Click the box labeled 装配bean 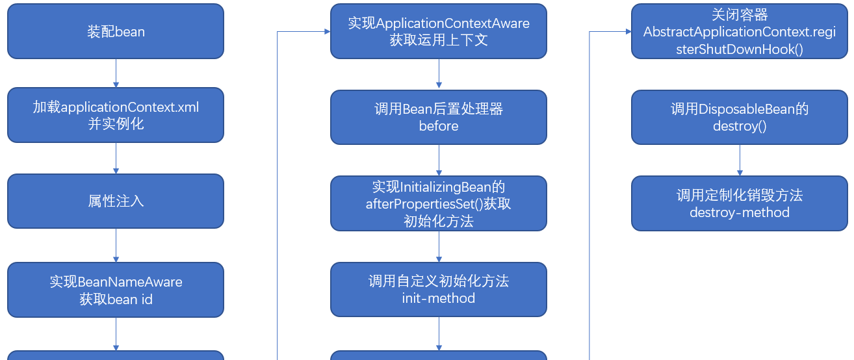(x=116, y=31)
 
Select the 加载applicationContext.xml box (x=116, y=115)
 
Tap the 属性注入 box (x=116, y=201)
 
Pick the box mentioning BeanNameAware (x=116, y=290)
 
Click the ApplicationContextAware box (x=439, y=31)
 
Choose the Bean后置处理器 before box (x=439, y=117)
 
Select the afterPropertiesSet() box (x=439, y=203)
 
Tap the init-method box (x=439, y=289)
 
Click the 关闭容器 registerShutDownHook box (x=739, y=31)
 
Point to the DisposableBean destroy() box (x=739, y=117)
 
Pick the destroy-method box (x=739, y=203)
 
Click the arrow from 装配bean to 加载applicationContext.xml (x=116, y=73)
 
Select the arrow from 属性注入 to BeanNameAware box (x=116, y=246)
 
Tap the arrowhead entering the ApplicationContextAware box (x=327, y=31)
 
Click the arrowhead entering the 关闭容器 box (x=628, y=31)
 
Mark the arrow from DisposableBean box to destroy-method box (x=740, y=160)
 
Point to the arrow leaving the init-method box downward (x=439, y=334)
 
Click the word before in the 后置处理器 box (x=439, y=126)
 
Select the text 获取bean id (x=116, y=300)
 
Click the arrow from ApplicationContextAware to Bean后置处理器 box (x=439, y=74)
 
